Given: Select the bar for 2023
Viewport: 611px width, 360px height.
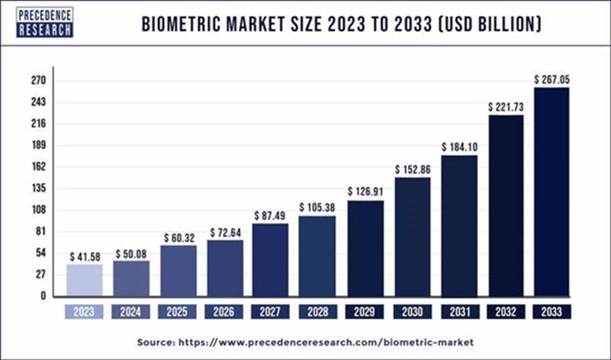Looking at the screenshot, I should click(x=84, y=280).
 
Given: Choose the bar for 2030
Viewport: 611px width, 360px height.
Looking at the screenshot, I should click(x=412, y=236).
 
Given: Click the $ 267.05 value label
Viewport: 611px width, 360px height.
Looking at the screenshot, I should click(x=553, y=79).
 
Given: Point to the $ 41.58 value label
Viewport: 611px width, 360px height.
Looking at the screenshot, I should click(x=84, y=255).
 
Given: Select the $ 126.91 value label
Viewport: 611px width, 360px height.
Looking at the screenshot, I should click(x=366, y=191).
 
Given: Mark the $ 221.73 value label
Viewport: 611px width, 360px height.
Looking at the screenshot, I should click(x=505, y=107).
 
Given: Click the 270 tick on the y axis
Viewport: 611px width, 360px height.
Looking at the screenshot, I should click(x=39, y=80).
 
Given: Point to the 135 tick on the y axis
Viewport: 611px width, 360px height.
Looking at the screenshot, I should click(x=39, y=188).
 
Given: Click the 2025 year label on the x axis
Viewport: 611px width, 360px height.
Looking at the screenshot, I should click(x=178, y=312).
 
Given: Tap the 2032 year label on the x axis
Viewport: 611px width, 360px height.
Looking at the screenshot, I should click(x=505, y=312).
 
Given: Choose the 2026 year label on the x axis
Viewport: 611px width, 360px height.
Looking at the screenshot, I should click(x=224, y=312).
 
